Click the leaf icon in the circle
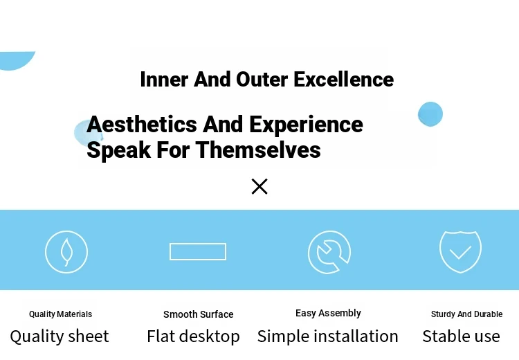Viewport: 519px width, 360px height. coord(66,252)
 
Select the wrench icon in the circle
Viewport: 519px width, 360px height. coord(329,252)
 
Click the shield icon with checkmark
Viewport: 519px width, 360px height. coord(460,252)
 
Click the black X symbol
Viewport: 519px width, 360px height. coord(259,186)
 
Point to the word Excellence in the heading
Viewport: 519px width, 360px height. coord(343,80)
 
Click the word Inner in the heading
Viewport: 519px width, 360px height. coord(164,80)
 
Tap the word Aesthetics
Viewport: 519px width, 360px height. coord(142,125)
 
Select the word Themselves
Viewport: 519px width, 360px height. coord(258,150)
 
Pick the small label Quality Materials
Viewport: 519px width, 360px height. coord(61,314)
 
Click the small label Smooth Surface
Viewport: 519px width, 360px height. coord(199,314)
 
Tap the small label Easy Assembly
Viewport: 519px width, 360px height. coord(328,313)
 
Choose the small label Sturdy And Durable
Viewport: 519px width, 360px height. coord(466,314)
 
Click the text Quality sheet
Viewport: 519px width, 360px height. coord(60,336)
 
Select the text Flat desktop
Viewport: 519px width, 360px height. coord(193,336)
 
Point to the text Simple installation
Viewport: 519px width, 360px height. coord(328,336)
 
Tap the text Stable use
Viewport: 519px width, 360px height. coord(461,336)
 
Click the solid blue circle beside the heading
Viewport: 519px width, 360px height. coord(430,114)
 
